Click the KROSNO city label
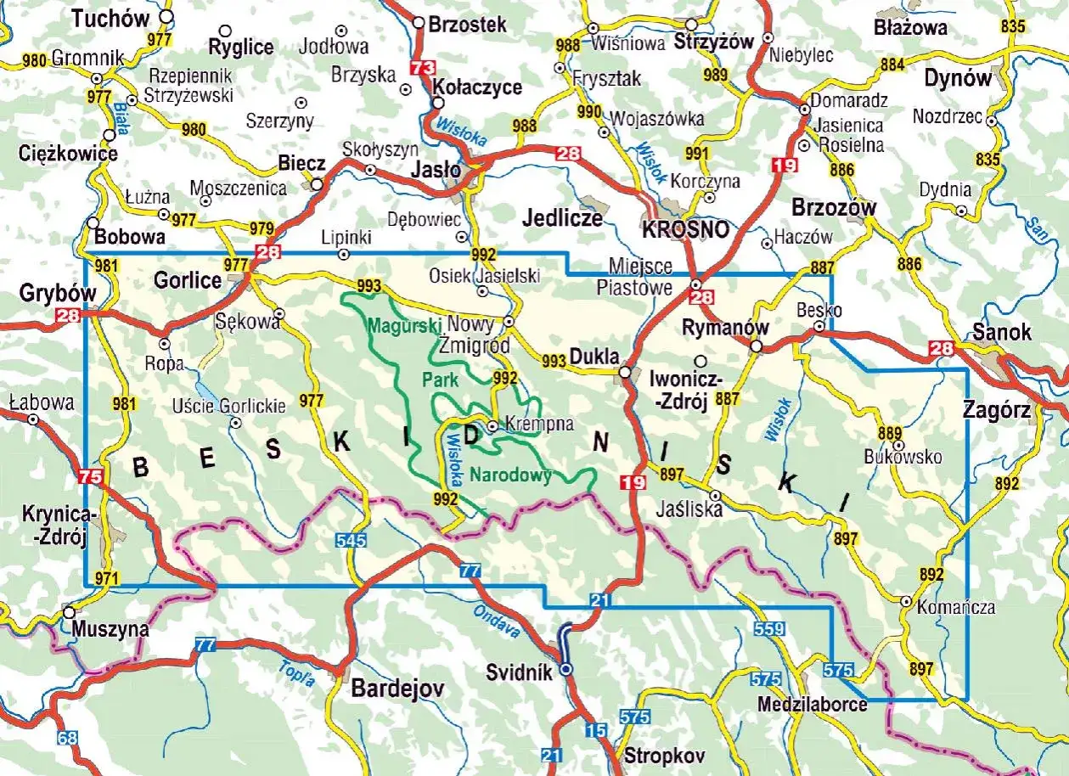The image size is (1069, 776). point(685,229)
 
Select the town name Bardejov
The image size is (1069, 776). point(398,689)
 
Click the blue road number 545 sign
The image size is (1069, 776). point(351,539)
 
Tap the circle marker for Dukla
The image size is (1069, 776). point(625,373)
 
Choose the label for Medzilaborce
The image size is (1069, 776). point(813,705)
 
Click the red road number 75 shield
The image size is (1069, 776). point(88,477)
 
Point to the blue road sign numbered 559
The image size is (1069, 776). point(767,630)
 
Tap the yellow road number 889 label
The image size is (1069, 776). point(891,433)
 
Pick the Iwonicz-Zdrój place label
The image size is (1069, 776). point(677,391)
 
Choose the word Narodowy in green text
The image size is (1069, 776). point(511,475)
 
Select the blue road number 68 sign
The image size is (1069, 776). point(68,737)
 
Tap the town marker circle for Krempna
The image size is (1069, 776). point(492,425)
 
